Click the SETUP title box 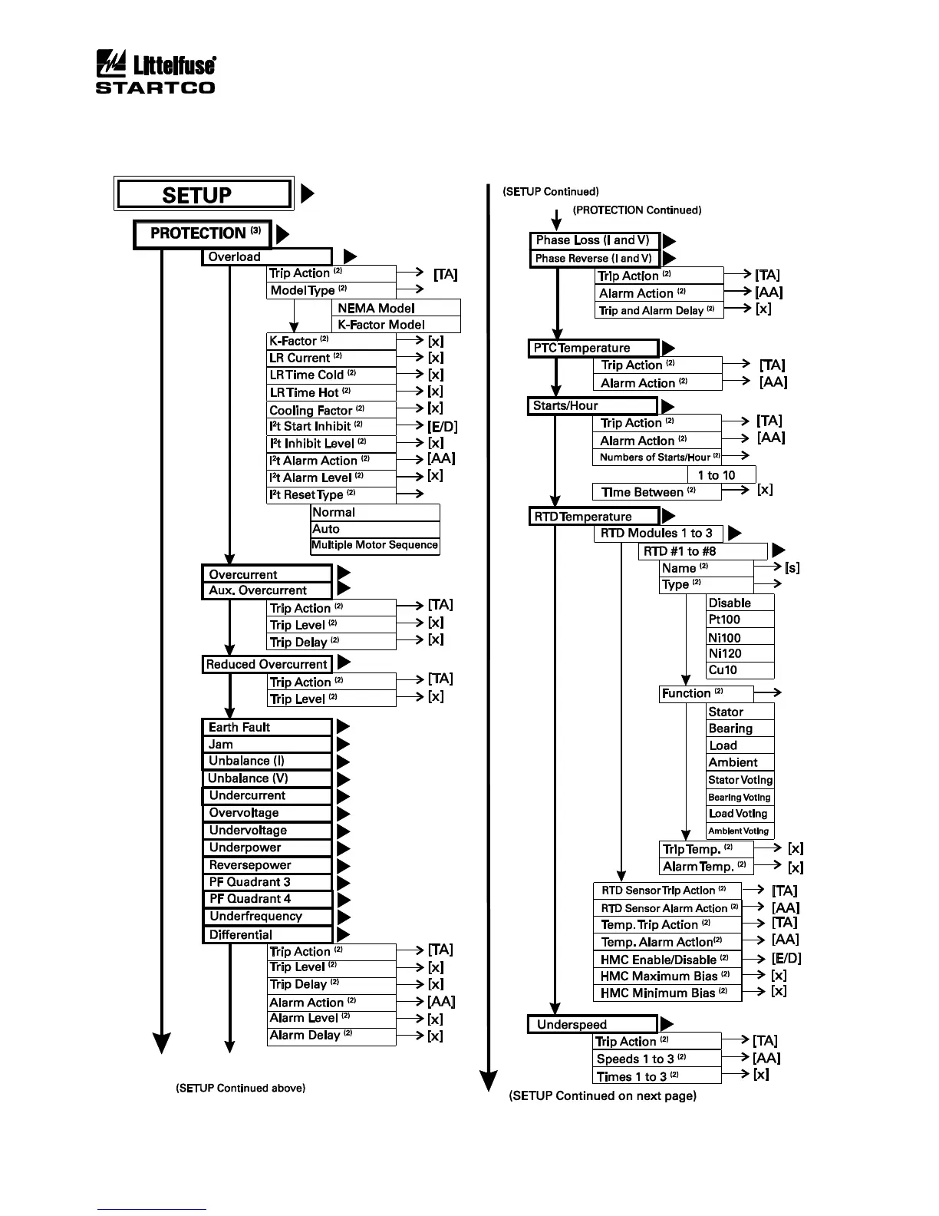pyautogui.click(x=203, y=194)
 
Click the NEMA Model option pyautogui.click(x=397, y=308)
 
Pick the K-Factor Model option pyautogui.click(x=397, y=325)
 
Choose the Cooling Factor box pyautogui.click(x=331, y=410)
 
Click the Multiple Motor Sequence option pyautogui.click(x=375, y=545)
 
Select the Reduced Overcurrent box pyautogui.click(x=267, y=664)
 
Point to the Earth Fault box pyautogui.click(x=266, y=727)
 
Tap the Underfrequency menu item pyautogui.click(x=266, y=916)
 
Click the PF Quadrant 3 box pyautogui.click(x=266, y=882)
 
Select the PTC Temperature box pyautogui.click(x=593, y=348)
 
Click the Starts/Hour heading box pyautogui.click(x=592, y=405)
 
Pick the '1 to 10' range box pyautogui.click(x=721, y=475)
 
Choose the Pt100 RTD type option pyautogui.click(x=740, y=620)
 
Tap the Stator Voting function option pyautogui.click(x=740, y=780)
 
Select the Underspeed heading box pyautogui.click(x=592, y=1024)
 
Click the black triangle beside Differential pyautogui.click(x=343, y=934)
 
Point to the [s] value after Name pyautogui.click(x=792, y=568)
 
